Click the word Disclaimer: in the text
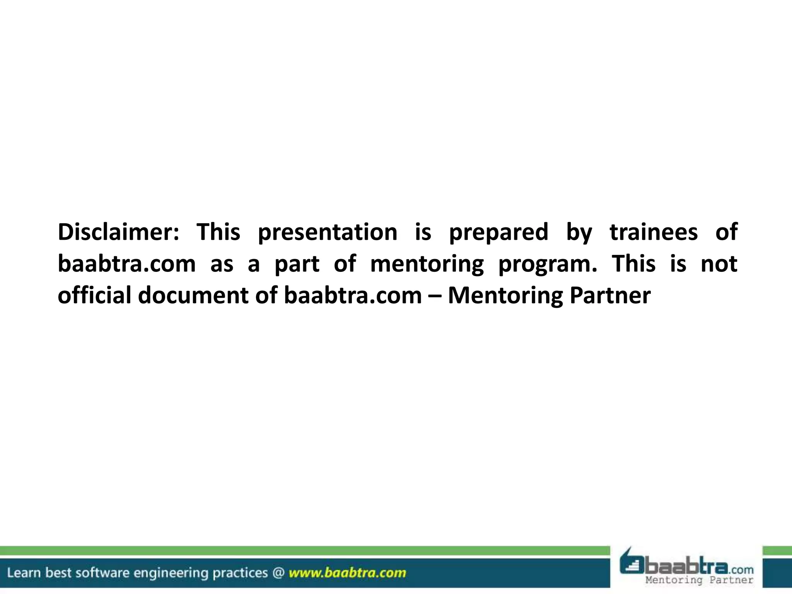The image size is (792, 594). click(x=118, y=232)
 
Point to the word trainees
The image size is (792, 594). click(x=654, y=232)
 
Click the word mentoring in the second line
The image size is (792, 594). click(x=427, y=265)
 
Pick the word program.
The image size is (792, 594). click(x=547, y=265)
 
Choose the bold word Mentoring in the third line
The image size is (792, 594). click(x=505, y=296)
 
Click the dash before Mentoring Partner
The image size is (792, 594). click(x=434, y=296)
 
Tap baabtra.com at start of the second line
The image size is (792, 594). click(x=126, y=264)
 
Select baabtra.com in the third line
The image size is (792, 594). click(x=352, y=295)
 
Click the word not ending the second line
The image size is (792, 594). click(x=719, y=264)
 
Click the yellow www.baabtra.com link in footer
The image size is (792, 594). click(x=347, y=573)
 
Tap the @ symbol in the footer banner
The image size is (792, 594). click(x=278, y=573)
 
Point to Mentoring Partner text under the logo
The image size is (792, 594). click(x=699, y=580)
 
